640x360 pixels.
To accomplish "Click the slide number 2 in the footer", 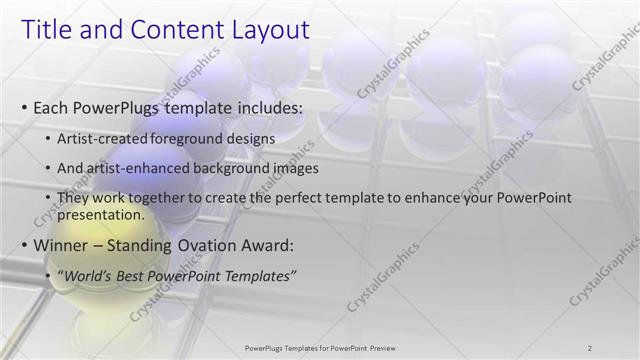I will [x=590, y=347].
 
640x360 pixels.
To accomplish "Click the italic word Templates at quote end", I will [x=259, y=275].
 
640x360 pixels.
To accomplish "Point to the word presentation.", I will [x=100, y=214].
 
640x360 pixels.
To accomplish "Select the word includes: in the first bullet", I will [x=265, y=106].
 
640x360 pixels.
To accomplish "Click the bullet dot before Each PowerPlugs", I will [x=23, y=107].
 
